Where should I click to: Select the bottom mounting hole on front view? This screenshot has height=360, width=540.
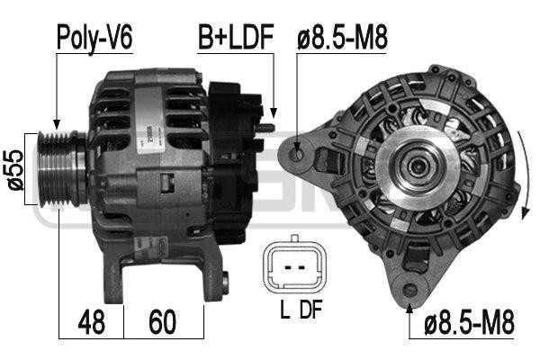[x=410, y=291]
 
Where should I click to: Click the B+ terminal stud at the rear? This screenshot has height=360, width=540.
[x=263, y=128]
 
